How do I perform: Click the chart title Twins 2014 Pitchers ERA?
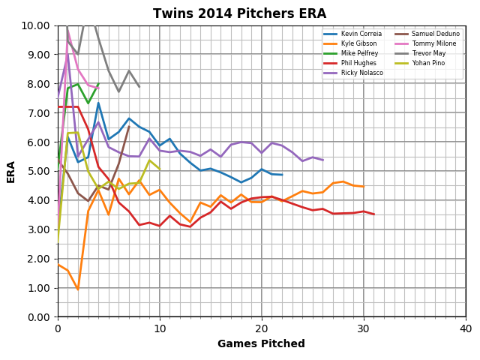click(239, 13)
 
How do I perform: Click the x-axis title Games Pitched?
click(261, 344)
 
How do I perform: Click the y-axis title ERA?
click(11, 171)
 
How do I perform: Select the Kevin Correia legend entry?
click(361, 34)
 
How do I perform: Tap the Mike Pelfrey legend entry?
click(358, 53)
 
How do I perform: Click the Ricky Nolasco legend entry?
click(361, 73)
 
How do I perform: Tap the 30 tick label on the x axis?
click(363, 329)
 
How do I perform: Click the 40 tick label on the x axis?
click(465, 329)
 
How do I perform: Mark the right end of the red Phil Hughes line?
click(373, 214)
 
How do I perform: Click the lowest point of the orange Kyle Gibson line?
click(78, 289)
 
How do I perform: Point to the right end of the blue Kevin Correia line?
click(282, 175)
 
